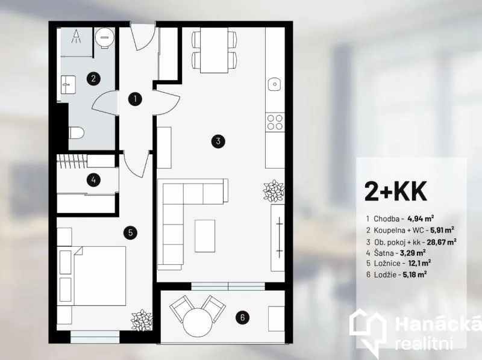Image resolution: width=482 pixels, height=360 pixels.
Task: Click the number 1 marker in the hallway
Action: (135, 99)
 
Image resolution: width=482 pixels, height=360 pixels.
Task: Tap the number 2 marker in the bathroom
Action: (93, 78)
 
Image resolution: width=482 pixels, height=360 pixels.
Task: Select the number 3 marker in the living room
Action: (218, 141)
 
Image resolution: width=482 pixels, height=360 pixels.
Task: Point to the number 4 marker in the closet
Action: (93, 179)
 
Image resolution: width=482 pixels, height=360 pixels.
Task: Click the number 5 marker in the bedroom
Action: (130, 232)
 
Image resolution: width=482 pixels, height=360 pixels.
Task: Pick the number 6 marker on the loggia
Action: (243, 317)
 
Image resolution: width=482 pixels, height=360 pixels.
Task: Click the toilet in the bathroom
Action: (77, 132)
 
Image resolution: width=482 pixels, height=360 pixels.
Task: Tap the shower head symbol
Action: (76, 37)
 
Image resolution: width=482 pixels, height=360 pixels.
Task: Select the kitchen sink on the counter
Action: (275, 84)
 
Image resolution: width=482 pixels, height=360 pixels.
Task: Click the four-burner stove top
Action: (275, 122)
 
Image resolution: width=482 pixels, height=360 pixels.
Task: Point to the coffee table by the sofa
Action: (205, 236)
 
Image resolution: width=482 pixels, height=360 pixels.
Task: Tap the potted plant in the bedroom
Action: (142, 320)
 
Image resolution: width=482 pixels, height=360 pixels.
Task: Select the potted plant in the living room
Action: (274, 191)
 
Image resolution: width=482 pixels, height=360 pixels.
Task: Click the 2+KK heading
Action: (396, 191)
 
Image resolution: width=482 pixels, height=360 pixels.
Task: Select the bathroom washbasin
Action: (68, 84)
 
